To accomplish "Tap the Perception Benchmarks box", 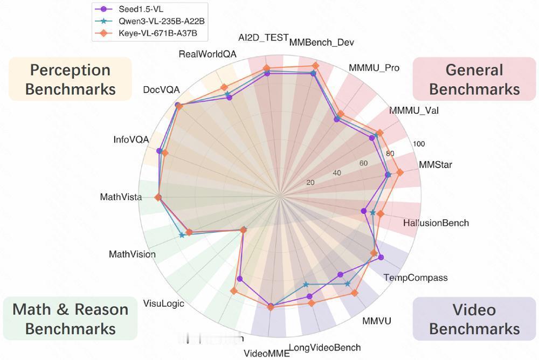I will [70, 79].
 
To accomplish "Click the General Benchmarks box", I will [474, 79].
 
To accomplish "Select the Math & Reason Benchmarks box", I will [70, 319].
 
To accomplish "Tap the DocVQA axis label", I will [162, 89].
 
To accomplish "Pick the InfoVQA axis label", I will [131, 140].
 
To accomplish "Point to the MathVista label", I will [121, 197].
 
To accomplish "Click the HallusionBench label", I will [436, 223].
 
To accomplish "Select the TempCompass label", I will [416, 278].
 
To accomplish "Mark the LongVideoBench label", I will [324, 348].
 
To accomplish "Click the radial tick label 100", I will [419, 144].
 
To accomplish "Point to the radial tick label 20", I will [310, 182].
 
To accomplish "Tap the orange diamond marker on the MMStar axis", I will [399, 172].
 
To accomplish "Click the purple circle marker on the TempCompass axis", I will [381, 257].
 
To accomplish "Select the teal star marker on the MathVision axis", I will [182, 235].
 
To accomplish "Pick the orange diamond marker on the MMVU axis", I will [354, 293].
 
